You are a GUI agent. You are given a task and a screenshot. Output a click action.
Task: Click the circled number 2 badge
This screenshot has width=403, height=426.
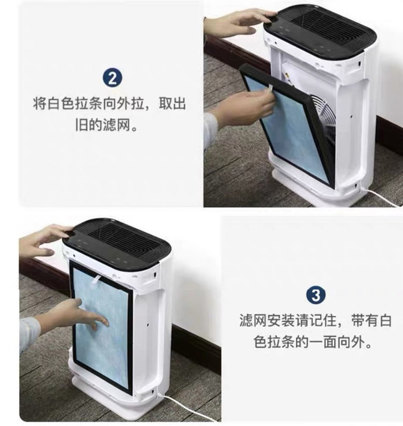[112, 78]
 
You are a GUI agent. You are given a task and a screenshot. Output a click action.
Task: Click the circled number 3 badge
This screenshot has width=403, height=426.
[316, 294]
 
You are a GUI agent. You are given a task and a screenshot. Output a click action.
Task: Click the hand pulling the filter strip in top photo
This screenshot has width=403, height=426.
[244, 109]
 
